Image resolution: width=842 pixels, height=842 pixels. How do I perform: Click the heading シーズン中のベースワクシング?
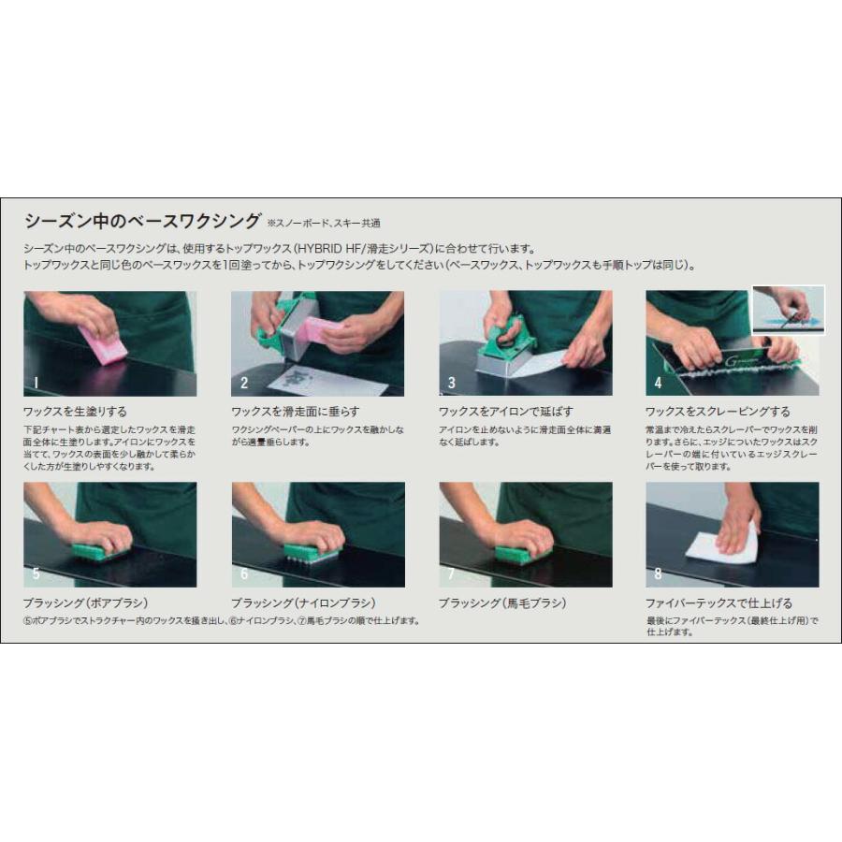coord(142,222)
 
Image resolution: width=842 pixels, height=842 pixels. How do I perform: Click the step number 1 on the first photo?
coord(36,383)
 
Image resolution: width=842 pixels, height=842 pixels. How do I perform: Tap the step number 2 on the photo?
coord(244,383)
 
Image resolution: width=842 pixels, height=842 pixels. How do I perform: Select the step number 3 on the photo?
coord(452,383)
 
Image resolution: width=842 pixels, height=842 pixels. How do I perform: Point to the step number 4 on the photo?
coord(658,383)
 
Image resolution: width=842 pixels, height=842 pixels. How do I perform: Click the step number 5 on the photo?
coord(36,573)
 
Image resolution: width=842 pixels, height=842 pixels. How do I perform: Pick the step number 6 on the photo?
coord(244,573)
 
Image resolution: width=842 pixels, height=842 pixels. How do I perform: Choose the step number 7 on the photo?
coord(452,573)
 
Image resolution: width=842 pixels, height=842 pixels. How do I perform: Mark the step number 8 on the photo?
coord(658,573)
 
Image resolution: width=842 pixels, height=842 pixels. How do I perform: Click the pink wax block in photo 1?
coord(103,344)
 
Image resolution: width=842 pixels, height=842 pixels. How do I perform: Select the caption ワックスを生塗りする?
coord(75,411)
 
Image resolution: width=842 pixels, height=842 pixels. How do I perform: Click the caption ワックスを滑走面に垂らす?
coord(295,411)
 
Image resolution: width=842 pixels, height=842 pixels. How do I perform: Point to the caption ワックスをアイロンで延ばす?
coord(506,411)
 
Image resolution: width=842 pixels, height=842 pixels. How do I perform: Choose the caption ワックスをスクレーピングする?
coord(718,411)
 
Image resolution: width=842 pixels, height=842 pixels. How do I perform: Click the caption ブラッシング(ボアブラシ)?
coord(86,602)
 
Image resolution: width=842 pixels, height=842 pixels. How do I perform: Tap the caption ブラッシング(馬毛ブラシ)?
coord(502,602)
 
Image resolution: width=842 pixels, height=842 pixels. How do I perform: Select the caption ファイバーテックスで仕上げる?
coord(719,602)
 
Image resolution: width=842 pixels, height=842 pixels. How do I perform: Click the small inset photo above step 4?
coord(788,310)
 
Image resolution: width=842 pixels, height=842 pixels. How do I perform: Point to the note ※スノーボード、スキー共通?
coord(324,225)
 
